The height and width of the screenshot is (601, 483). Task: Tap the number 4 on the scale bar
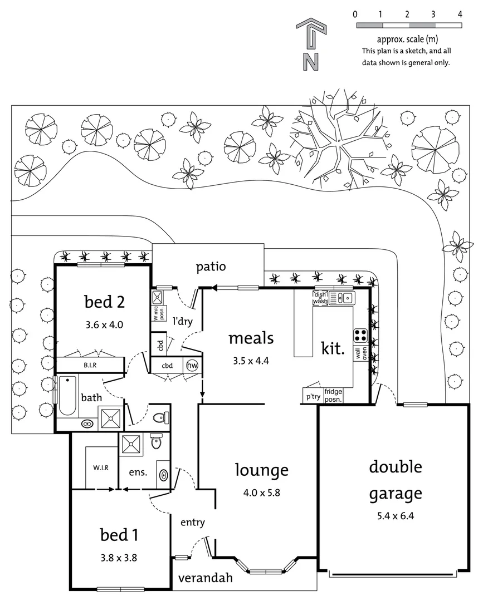[x=460, y=15]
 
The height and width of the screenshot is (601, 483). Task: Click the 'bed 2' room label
[x=104, y=302]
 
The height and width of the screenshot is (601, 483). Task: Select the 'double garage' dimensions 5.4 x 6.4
[x=395, y=516]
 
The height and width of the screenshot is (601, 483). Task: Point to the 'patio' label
[x=211, y=267]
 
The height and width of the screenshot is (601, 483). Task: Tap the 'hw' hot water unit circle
[x=192, y=366]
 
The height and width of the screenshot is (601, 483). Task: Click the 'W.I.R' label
[x=101, y=467]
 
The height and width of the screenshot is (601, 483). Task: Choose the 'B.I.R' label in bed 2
[x=90, y=366]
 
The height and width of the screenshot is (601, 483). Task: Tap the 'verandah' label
[x=205, y=578]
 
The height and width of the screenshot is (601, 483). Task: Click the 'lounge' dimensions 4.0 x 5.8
[x=261, y=492]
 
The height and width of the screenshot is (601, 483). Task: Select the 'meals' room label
[x=251, y=338]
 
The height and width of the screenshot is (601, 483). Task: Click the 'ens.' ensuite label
[x=138, y=472]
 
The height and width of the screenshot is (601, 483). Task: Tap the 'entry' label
[x=193, y=523]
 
